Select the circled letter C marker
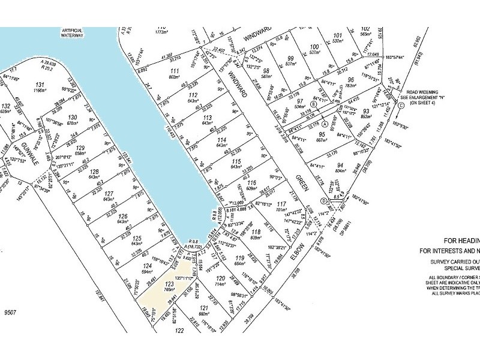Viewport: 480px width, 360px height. coord(400,106)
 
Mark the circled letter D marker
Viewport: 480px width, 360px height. coord(323,200)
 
